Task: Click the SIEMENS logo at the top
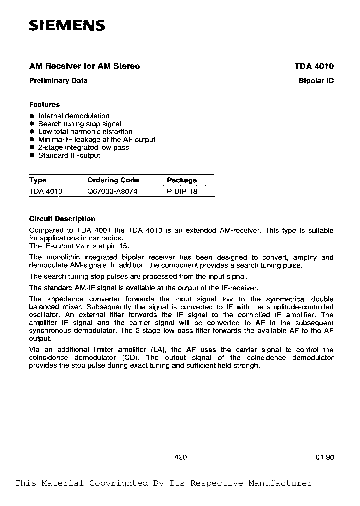[67, 26]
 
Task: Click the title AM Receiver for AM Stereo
[84, 66]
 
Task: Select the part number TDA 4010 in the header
[314, 66]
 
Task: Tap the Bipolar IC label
[316, 81]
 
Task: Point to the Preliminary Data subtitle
[58, 80]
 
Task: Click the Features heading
[44, 105]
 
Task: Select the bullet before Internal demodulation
[32, 116]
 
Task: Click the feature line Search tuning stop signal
[80, 124]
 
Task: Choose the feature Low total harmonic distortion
[85, 132]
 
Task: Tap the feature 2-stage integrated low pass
[83, 147]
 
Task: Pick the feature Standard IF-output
[69, 155]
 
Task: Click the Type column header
[38, 180]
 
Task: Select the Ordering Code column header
[113, 180]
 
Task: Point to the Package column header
[182, 180]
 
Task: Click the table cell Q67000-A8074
[112, 191]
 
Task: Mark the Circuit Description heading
[62, 219]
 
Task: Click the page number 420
[181, 457]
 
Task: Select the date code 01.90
[324, 457]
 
